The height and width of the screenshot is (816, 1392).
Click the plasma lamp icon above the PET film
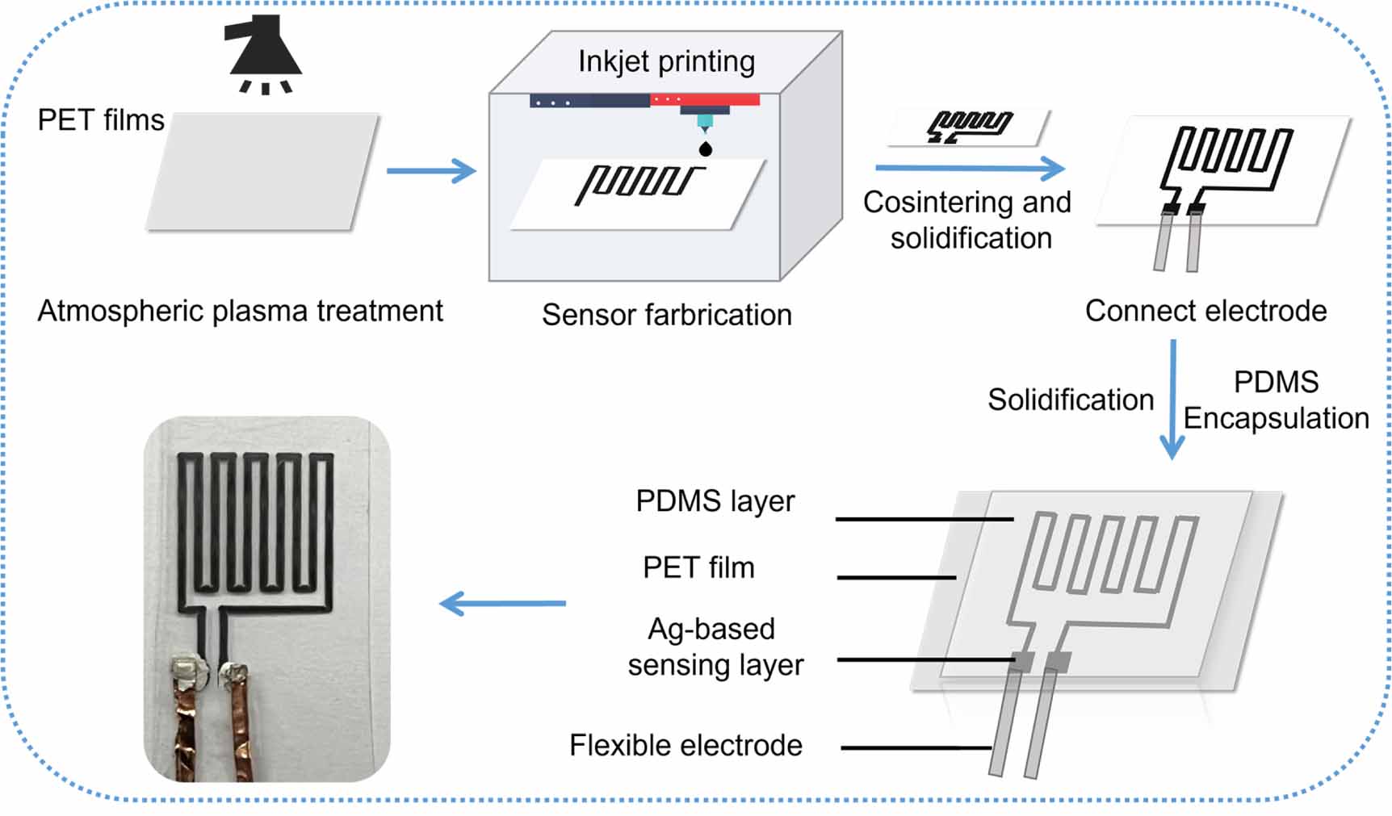(x=263, y=50)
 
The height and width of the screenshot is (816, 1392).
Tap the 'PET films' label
(x=101, y=120)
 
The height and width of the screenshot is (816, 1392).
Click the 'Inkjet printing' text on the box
(x=666, y=61)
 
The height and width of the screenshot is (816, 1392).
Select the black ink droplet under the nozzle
(x=705, y=149)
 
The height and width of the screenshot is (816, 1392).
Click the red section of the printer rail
(x=704, y=100)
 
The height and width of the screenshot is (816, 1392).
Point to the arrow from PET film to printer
(x=431, y=170)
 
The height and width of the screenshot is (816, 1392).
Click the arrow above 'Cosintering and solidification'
(x=970, y=168)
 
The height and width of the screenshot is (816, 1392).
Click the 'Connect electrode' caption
(x=1205, y=311)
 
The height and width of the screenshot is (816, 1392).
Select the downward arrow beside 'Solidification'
(x=1172, y=400)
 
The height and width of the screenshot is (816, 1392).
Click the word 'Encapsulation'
(x=1276, y=418)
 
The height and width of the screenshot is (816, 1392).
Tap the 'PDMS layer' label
(x=715, y=501)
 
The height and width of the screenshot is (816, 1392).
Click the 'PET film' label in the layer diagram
(x=698, y=567)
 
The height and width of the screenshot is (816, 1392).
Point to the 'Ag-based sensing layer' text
(x=715, y=647)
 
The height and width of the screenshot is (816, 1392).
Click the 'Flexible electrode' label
(x=686, y=745)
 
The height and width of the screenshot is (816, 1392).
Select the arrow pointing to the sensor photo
(x=502, y=603)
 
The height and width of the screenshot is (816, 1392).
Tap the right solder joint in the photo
(x=233, y=672)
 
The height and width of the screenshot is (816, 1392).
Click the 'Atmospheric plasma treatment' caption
(x=240, y=311)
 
